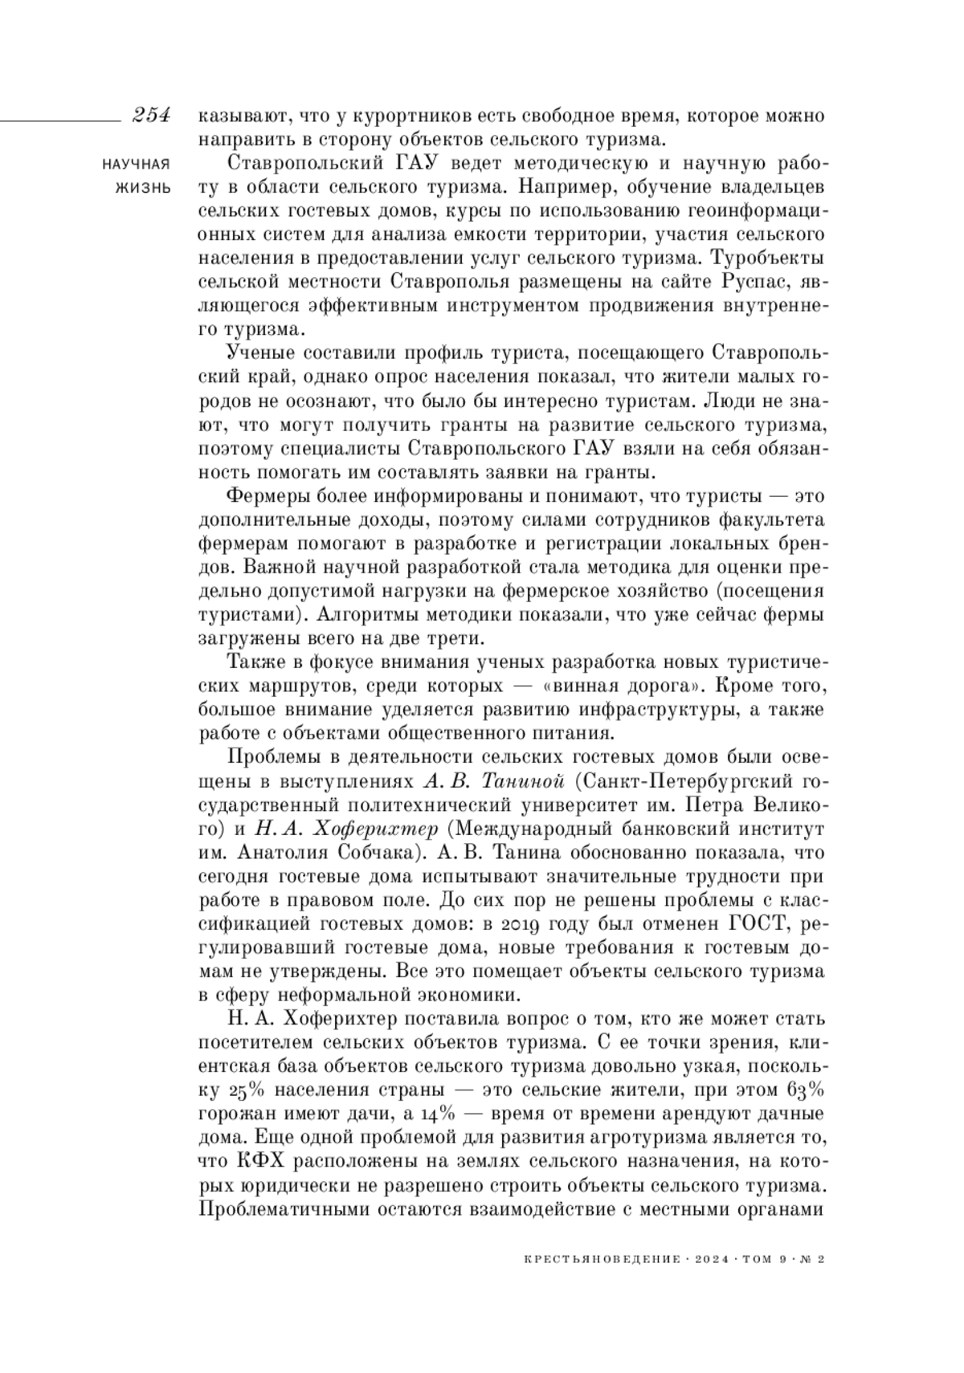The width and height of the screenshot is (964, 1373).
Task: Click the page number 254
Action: [152, 116]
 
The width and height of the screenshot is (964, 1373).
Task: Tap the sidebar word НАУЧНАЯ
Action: [137, 165]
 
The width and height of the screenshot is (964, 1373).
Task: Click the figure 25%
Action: [240, 1091]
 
